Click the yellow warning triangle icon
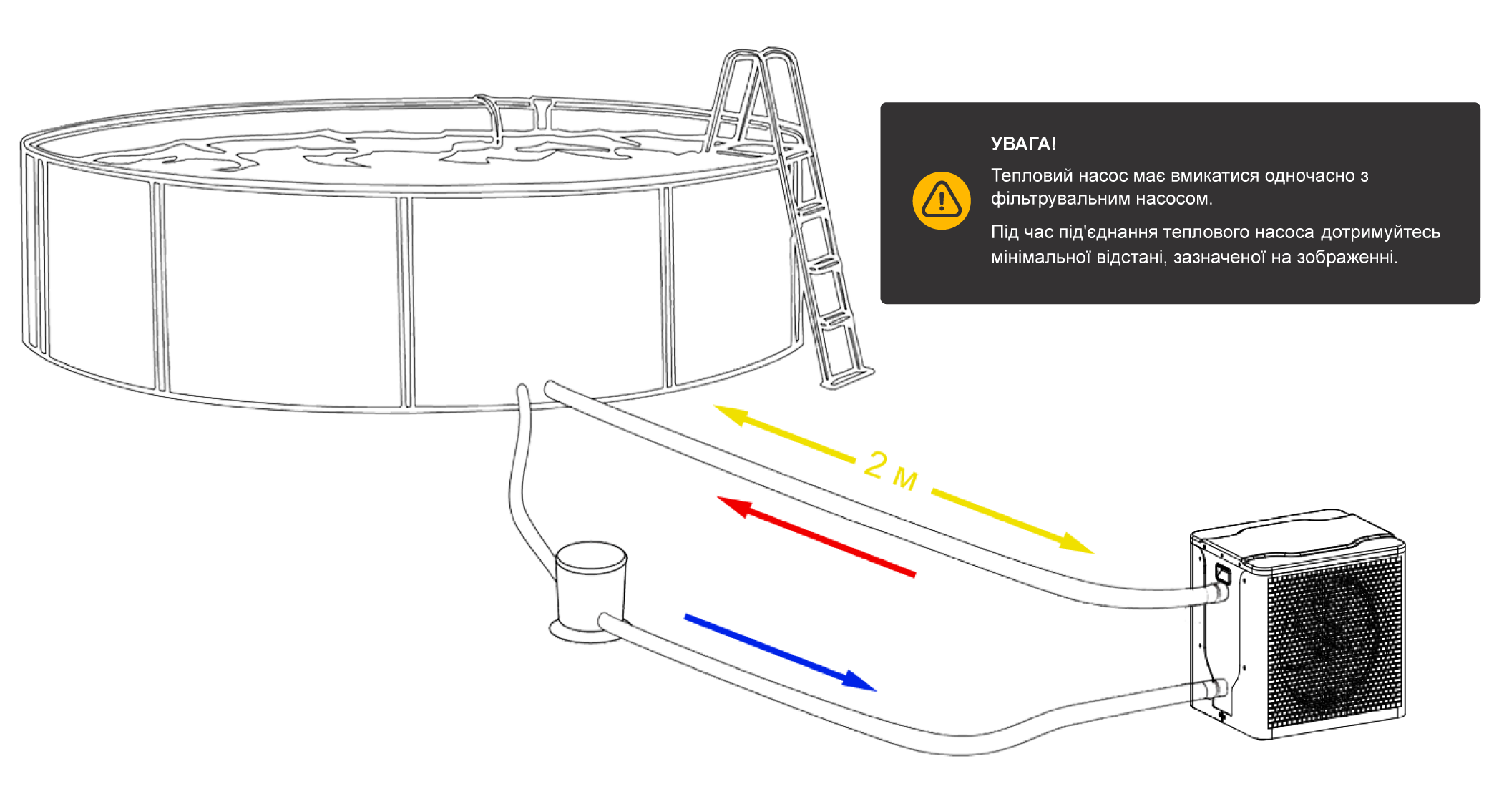pyautogui.click(x=941, y=200)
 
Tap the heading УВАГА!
pyautogui.click(x=1022, y=144)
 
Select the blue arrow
pyautogui.click(x=780, y=652)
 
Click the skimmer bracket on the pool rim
pyautogui.click(x=515, y=114)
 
